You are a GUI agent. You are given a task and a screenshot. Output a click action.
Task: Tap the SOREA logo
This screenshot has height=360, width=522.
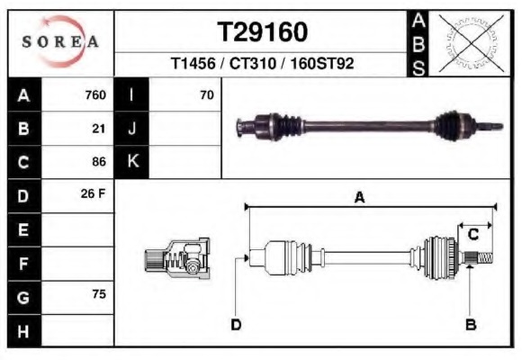coord(60,42)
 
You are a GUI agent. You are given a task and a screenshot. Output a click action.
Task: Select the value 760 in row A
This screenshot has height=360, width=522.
coord(94,95)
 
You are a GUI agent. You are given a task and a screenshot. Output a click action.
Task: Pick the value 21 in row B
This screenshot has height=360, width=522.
coord(99,129)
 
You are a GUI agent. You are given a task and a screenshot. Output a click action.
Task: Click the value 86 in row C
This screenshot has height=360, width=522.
coord(99,162)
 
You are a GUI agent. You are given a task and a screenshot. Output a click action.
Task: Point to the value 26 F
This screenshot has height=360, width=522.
coord(94,194)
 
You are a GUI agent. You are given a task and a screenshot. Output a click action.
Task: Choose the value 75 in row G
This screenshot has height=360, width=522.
coord(99,295)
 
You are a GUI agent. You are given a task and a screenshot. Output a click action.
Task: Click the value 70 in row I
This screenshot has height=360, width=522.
coord(206,95)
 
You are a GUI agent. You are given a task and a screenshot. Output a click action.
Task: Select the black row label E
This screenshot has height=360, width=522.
coord(23,229)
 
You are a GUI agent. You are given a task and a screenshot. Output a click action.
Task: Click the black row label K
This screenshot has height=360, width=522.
coord(132,162)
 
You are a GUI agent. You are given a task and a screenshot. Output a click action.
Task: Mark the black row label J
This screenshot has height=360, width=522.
coord(132,129)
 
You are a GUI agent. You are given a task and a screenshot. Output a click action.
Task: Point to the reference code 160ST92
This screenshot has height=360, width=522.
coord(321,66)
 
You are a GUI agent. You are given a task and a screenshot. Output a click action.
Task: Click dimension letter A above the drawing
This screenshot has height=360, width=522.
coord(359,198)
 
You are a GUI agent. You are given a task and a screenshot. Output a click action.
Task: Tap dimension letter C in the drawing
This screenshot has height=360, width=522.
coord(472,235)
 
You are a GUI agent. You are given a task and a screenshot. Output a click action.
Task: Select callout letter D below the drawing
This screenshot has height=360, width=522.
coord(236,325)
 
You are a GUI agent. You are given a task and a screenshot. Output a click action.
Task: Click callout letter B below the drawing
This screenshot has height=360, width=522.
coord(470,325)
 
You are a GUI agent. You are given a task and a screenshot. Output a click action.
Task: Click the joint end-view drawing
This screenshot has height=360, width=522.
coord(177,259)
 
